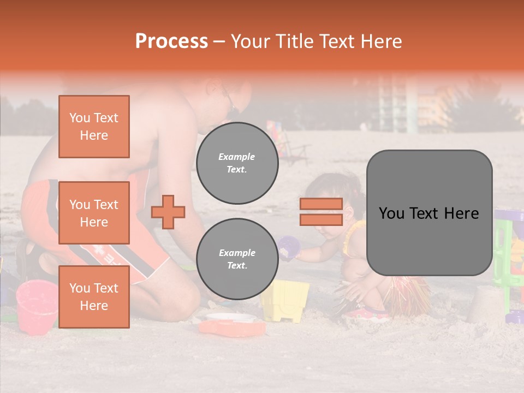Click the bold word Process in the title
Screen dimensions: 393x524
[171, 41]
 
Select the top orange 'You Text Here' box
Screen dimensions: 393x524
[94, 127]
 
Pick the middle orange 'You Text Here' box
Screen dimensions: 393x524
[94, 213]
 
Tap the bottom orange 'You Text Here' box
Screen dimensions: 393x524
[94, 297]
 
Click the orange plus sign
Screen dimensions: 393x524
[168, 212]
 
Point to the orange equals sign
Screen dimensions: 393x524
[321, 212]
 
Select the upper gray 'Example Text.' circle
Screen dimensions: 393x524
[237, 163]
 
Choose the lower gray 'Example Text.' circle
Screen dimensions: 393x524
[237, 259]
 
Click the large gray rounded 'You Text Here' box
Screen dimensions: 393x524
[429, 213]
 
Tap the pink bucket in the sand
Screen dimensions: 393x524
[36, 306]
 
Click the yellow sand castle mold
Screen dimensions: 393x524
[284, 301]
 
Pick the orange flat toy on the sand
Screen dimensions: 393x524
[232, 327]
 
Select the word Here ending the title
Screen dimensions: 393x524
[380, 41]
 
